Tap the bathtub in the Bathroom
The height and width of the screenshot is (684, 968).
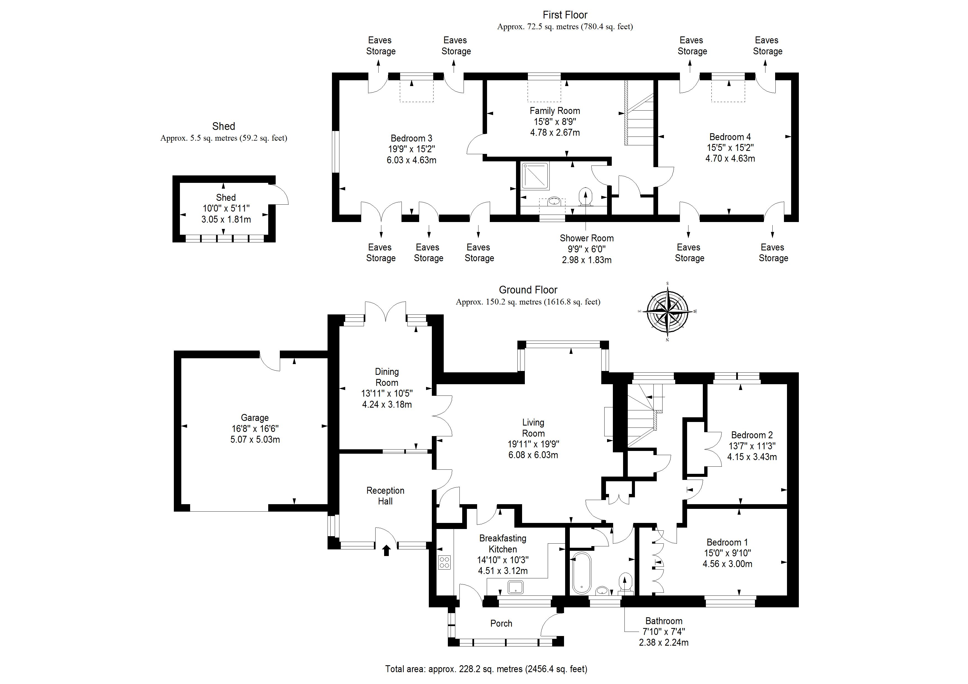[581, 573]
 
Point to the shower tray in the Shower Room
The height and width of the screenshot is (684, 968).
[535, 176]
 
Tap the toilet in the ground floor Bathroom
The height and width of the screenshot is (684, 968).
[625, 583]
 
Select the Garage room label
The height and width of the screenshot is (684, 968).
[255, 418]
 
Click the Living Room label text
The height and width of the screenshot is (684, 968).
[533, 428]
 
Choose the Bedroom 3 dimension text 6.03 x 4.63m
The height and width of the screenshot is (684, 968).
[411, 160]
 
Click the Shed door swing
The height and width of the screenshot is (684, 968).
[279, 195]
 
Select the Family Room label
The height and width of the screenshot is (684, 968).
[555, 111]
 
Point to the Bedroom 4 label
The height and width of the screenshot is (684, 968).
[730, 137]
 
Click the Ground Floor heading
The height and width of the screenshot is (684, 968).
[528, 290]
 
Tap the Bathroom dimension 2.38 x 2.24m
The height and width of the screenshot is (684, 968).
[664, 643]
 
